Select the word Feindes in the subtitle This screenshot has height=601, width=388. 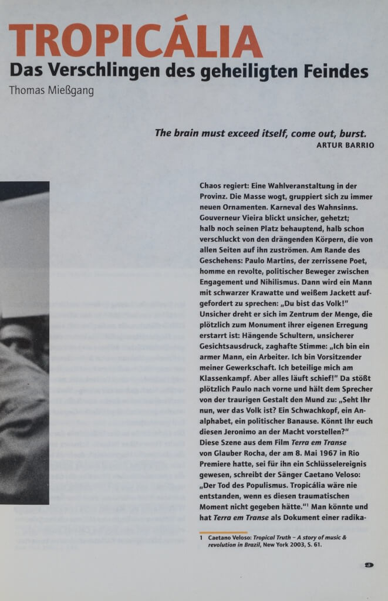tap(336, 72)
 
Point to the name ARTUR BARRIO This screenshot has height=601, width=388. tap(345, 145)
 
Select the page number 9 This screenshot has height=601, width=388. tap(369, 565)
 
